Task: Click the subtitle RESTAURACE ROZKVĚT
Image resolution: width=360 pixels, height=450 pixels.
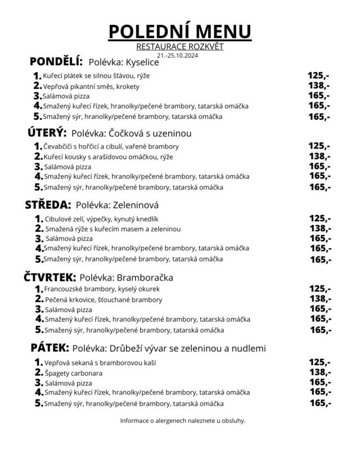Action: pyautogui.click(x=179, y=47)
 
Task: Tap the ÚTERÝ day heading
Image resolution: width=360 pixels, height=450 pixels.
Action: pyautogui.click(x=47, y=133)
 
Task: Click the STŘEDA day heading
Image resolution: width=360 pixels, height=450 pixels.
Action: pyautogui.click(x=48, y=205)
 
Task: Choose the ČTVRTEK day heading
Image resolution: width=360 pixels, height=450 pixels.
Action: pyautogui.click(x=49, y=277)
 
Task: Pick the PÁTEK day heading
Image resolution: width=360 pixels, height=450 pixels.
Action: pyautogui.click(x=49, y=348)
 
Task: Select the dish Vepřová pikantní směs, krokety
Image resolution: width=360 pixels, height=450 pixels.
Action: pyautogui.click(x=91, y=87)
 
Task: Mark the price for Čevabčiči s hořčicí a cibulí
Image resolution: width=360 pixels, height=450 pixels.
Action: pyautogui.click(x=319, y=146)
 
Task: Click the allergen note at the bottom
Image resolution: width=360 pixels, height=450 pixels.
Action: pyautogui.click(x=183, y=420)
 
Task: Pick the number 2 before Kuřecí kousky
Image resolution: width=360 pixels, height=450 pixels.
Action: pyautogui.click(x=38, y=156)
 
